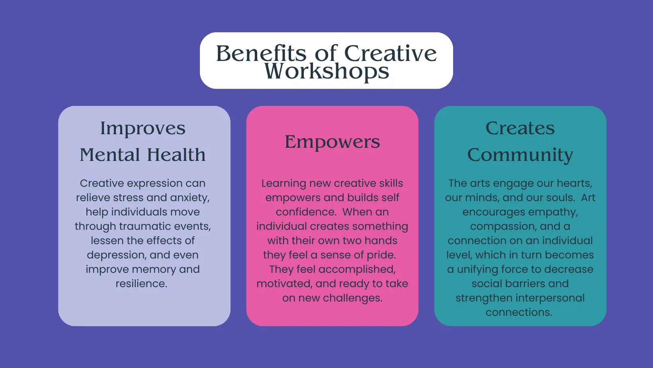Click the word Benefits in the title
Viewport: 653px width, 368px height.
click(x=261, y=53)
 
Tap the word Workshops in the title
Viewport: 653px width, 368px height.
click(x=326, y=71)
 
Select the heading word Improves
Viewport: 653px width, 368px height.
click(x=143, y=129)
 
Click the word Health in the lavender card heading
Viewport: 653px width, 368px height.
click(x=176, y=155)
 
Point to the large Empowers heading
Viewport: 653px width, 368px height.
click(x=332, y=142)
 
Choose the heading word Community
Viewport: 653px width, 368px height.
click(x=520, y=155)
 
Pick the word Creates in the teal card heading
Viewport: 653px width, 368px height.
click(x=520, y=128)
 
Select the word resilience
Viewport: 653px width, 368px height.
click(x=141, y=284)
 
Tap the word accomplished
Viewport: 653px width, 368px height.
click(x=357, y=270)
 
